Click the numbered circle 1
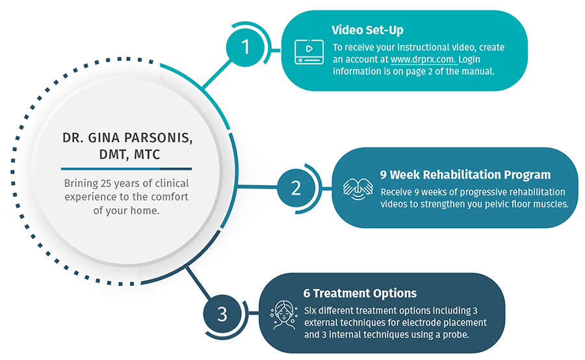pos(245,47)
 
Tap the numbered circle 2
pos(296,188)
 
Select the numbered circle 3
pos(222,314)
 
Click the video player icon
pos(309,52)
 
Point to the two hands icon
pos(357,188)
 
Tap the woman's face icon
pos(284,315)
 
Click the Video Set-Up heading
pos(367,30)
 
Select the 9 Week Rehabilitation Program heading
pos(465,175)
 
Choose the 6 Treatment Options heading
pos(360,293)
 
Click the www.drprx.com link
pos(422,59)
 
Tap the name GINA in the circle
pos(104,138)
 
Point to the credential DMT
pos(114,155)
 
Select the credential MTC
pos(147,155)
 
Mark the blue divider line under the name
pos(127,169)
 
